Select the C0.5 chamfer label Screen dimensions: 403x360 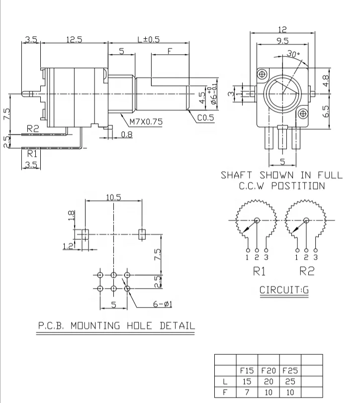205,118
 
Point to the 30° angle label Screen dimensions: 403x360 293,54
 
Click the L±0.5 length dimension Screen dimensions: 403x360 148,40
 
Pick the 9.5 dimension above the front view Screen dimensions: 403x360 283,41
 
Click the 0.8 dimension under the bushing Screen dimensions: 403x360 127,134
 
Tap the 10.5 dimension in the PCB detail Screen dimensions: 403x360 114,197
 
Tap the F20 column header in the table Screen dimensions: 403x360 269,371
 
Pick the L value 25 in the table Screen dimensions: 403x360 290,381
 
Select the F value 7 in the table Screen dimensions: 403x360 247,392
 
